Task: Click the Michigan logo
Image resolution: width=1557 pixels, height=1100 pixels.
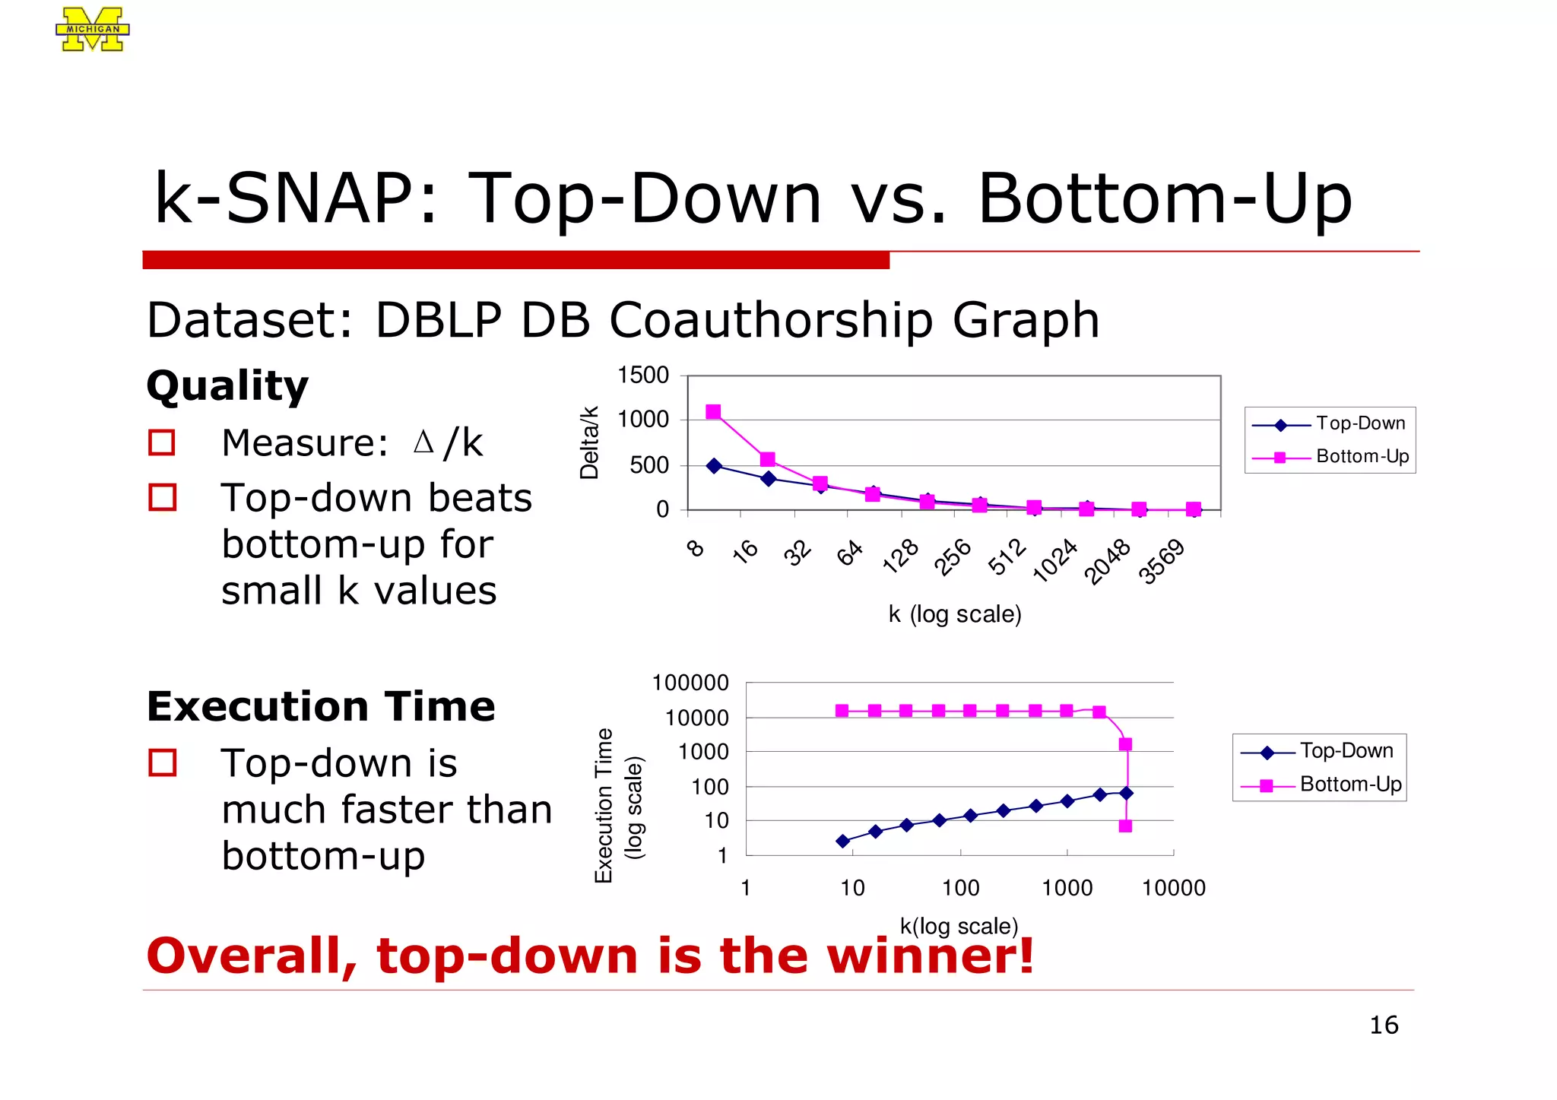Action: tap(92, 30)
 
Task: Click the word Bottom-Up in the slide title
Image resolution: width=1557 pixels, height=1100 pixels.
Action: tap(1165, 199)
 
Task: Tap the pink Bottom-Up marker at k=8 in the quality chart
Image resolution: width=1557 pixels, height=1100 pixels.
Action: tap(713, 412)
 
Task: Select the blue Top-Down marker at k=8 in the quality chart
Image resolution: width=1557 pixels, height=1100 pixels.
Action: tap(714, 466)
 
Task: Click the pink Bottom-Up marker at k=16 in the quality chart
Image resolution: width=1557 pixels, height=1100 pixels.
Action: tap(768, 459)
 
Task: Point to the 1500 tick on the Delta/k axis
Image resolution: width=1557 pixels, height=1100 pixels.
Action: tap(643, 376)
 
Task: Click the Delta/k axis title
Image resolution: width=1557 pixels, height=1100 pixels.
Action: tap(589, 442)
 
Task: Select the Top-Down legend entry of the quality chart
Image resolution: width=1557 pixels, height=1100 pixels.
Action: tap(1330, 423)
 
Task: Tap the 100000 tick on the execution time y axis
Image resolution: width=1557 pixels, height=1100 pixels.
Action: tap(690, 683)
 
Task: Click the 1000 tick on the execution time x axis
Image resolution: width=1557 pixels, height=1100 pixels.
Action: tap(1067, 888)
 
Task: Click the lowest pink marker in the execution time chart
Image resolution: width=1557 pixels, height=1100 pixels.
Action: tap(1125, 826)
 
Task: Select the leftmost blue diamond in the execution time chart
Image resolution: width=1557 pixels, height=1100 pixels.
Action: tap(842, 841)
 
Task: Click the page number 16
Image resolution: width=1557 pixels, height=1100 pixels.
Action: tap(1384, 1026)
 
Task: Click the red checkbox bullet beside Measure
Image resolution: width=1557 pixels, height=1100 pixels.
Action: tap(162, 442)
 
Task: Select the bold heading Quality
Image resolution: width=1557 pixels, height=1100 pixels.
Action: tap(227, 386)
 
